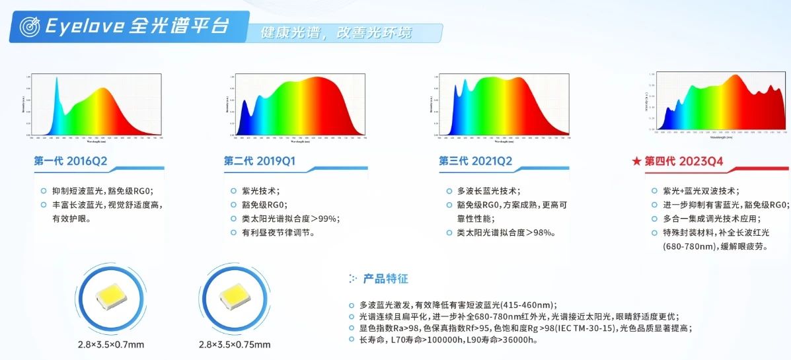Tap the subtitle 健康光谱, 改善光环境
click(x=336, y=32)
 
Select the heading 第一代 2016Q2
click(x=70, y=161)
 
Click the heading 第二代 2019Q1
click(x=259, y=161)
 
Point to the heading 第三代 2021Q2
click(x=475, y=161)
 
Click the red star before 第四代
click(x=636, y=161)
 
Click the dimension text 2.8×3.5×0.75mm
click(x=234, y=344)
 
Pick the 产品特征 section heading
click(x=385, y=279)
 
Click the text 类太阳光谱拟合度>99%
click(x=295, y=219)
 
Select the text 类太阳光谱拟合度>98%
click(x=506, y=233)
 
